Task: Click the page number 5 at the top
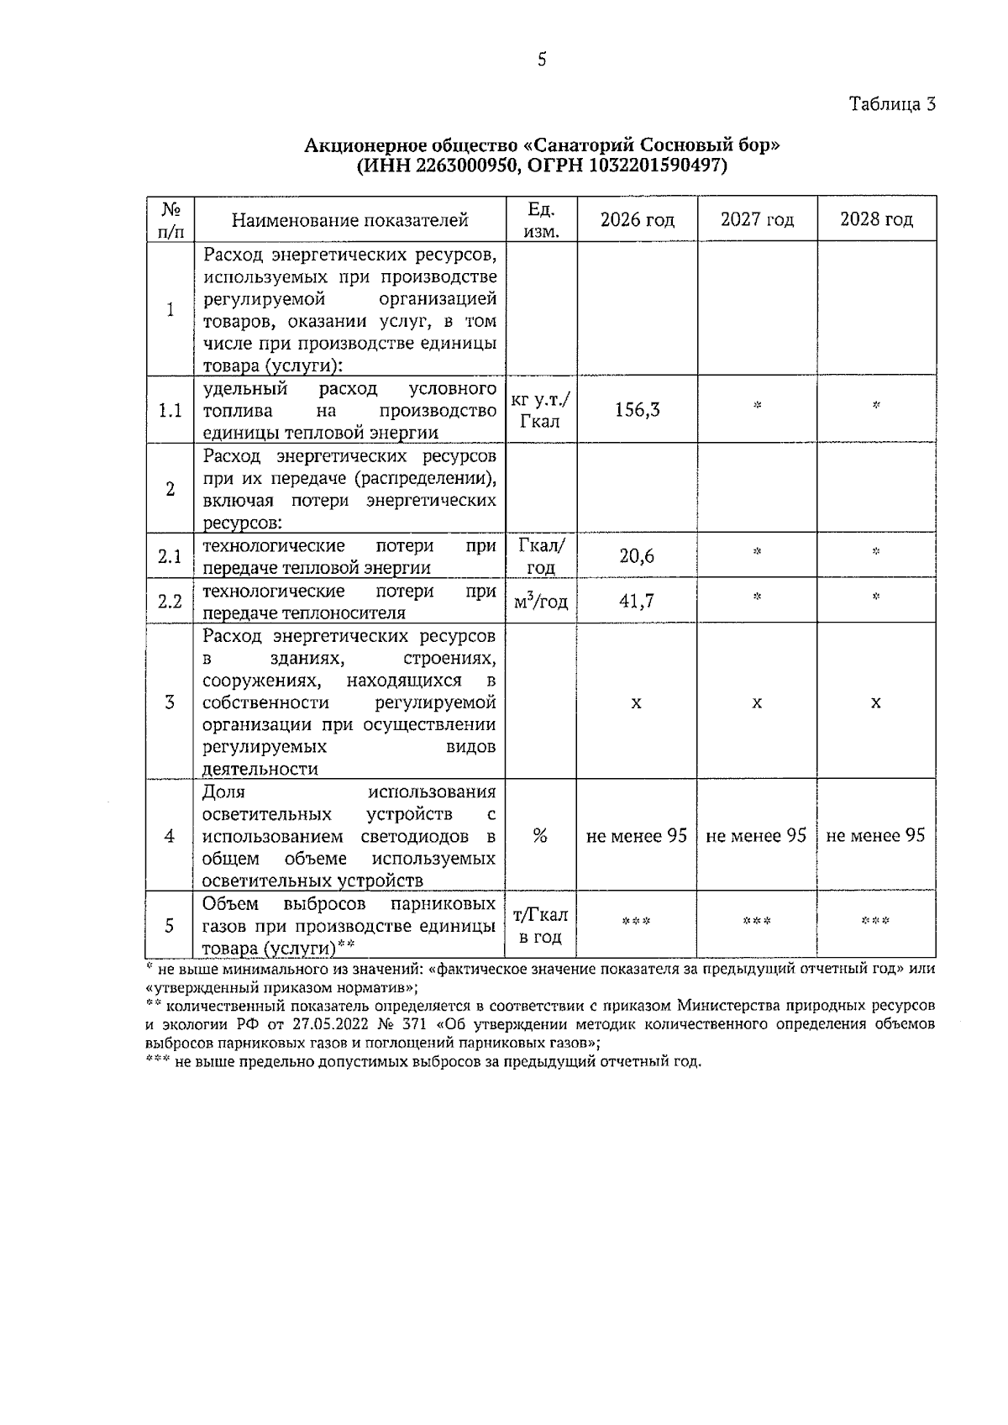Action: [x=542, y=60]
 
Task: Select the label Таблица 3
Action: [x=892, y=104]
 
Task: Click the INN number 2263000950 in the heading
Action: [x=462, y=166]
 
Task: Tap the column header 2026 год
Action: [x=637, y=219]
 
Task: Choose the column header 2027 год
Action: [x=757, y=219]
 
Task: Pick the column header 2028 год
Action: [x=876, y=219]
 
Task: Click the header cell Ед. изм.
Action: [x=541, y=219]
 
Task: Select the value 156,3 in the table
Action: [x=637, y=409]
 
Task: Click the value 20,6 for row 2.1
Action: [x=637, y=555]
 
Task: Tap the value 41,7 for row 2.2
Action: [x=637, y=601]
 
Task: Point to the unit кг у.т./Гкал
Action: [x=541, y=410]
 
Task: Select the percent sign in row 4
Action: [x=540, y=836]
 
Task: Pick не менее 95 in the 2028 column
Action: [x=876, y=835]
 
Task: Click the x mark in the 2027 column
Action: [x=757, y=702]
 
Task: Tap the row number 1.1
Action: [x=171, y=410]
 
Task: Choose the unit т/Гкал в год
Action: [x=540, y=925]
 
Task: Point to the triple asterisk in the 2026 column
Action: [x=636, y=922]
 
